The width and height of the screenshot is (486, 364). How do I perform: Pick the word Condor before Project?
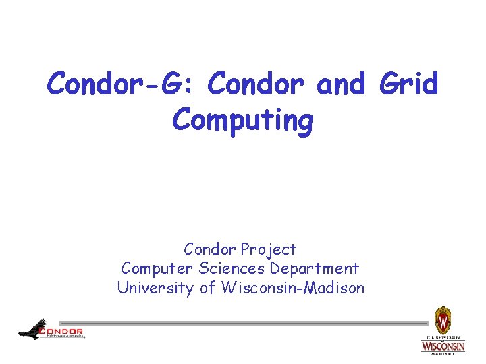[x=210, y=249]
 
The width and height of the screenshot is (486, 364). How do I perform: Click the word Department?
[x=315, y=269]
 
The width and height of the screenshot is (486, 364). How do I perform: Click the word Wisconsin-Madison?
[x=290, y=288]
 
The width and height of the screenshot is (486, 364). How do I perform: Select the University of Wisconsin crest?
[x=443, y=319]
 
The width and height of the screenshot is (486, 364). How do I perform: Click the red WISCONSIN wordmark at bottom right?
[x=443, y=346]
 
